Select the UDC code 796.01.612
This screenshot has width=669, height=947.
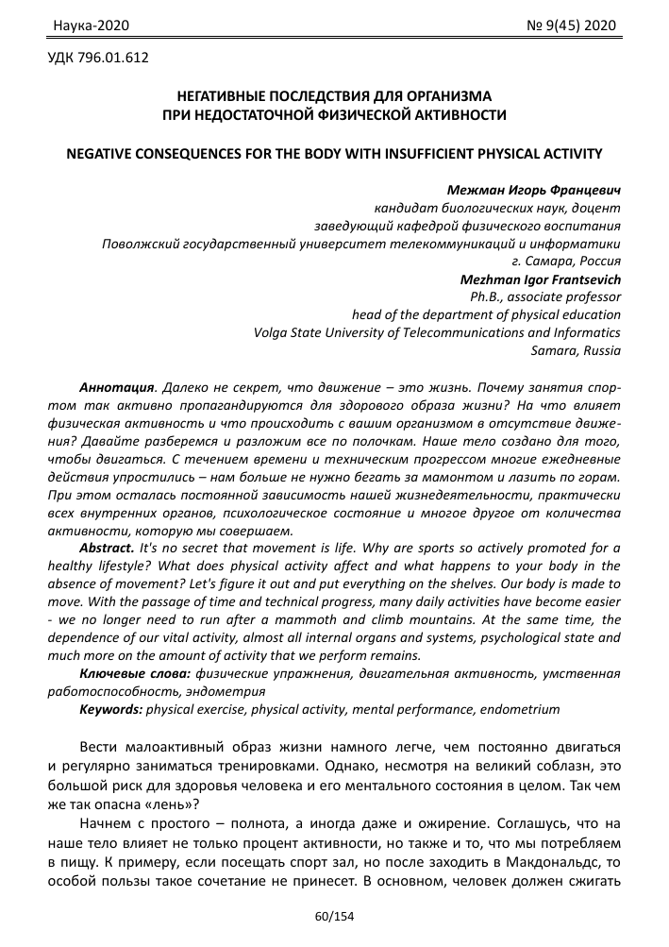click(97, 59)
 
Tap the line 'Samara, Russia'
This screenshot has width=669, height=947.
click(577, 350)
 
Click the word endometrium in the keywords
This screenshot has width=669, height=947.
click(524, 708)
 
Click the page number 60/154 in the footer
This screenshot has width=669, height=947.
click(334, 917)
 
